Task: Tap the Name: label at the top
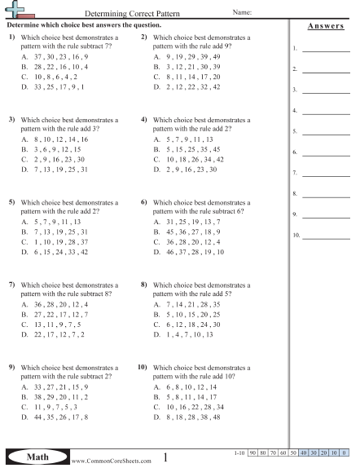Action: coord(242,13)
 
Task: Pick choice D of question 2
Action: coord(187,86)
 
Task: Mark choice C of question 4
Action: coord(191,160)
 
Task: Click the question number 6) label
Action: coord(144,201)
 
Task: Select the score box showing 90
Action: coord(253,451)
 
